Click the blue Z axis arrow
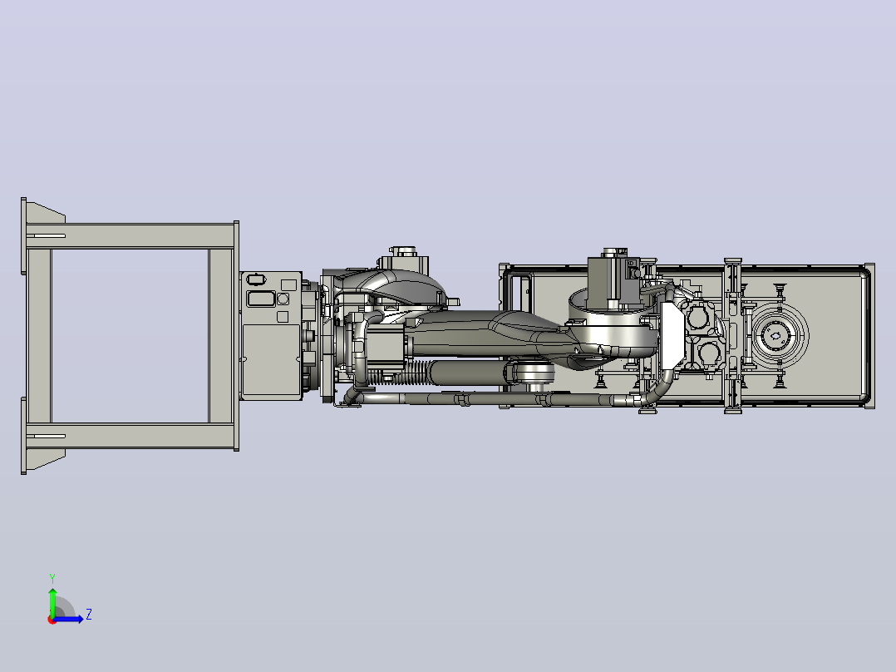click(68, 619)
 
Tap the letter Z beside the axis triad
click(89, 615)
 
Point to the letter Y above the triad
click(52, 579)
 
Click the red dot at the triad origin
click(52, 620)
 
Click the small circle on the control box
click(283, 299)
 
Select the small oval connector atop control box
click(256, 279)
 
